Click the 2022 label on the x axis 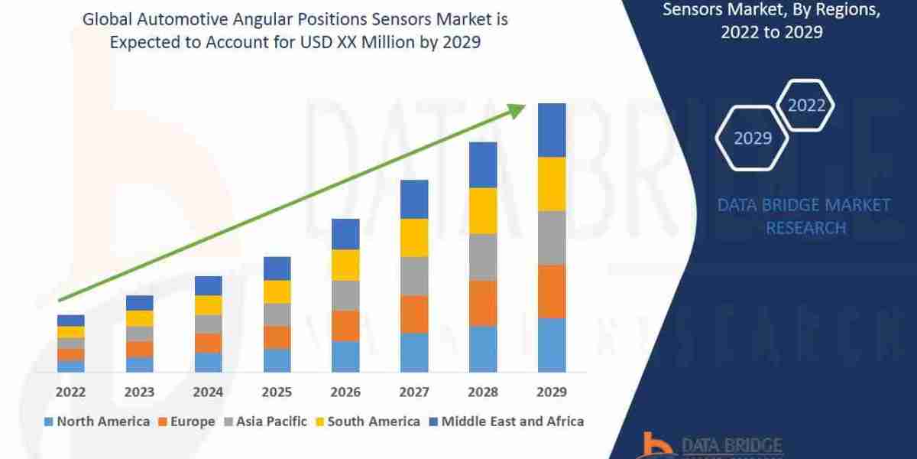[x=70, y=392]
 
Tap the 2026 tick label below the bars [x=345, y=392]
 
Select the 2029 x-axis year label [x=552, y=392]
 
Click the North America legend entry [x=97, y=421]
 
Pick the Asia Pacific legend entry [x=265, y=421]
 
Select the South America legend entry [x=367, y=421]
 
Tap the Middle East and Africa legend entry [x=506, y=421]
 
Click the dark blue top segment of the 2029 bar [x=552, y=130]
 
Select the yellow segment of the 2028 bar [x=483, y=210]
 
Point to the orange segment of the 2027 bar [x=414, y=314]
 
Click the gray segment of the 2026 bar [x=345, y=295]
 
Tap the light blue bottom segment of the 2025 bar [x=277, y=360]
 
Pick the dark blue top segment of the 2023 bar [x=139, y=303]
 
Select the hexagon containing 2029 [x=753, y=138]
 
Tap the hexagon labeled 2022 [x=806, y=105]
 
